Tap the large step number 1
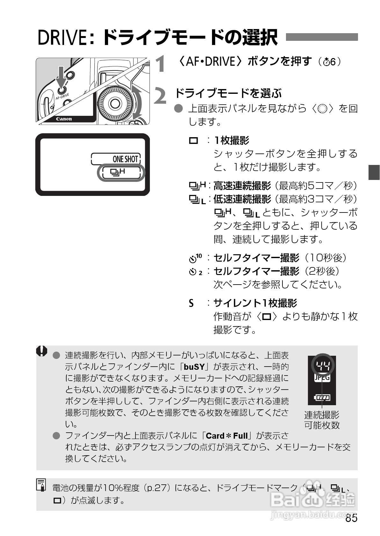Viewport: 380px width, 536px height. point(160,64)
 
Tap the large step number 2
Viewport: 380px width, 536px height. point(160,96)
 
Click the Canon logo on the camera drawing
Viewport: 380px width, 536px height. point(64,119)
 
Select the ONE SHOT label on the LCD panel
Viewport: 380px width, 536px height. point(125,159)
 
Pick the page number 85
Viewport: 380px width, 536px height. point(351,518)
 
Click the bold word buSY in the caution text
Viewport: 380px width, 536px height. point(194,367)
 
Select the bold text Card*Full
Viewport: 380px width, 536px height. point(227,435)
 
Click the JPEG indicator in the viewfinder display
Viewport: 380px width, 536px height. point(322,378)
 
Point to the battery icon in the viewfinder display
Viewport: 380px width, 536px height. point(322,398)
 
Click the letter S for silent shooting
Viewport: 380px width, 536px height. point(191,303)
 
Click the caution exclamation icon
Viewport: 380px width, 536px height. point(42,351)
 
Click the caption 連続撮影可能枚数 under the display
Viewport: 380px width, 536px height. point(322,420)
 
